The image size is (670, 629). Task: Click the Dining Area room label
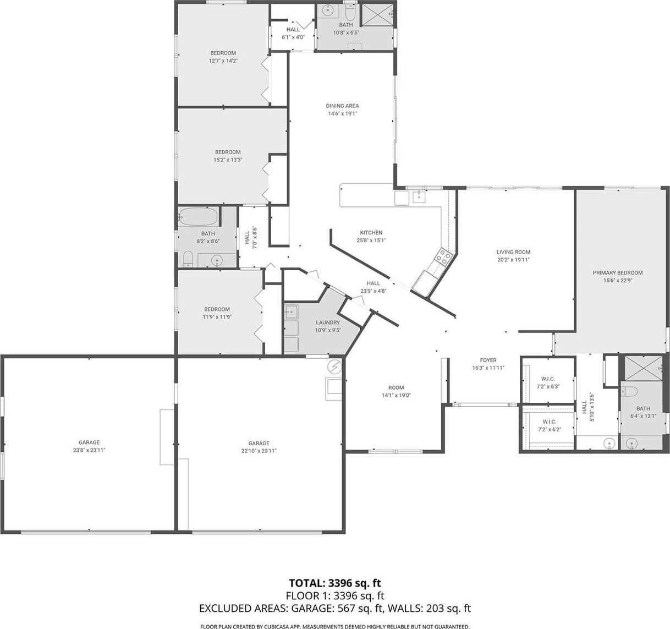pos(342,106)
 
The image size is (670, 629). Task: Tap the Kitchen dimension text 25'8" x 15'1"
pos(371,240)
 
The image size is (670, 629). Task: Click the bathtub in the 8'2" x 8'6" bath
pos(198,216)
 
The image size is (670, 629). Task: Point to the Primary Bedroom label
pos(618,272)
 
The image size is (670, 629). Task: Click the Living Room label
pos(513,252)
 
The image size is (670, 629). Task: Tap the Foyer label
pos(488,360)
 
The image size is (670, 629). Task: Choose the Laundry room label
pos(328,322)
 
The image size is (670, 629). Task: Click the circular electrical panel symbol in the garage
pos(334,367)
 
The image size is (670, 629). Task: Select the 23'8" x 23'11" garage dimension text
pos(89,450)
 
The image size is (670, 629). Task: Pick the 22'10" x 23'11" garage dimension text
pos(259,451)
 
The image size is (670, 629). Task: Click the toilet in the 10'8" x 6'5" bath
pos(349,12)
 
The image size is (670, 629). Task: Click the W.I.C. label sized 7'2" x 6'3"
pos(548,379)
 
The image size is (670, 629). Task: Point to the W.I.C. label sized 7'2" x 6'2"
pos(549,422)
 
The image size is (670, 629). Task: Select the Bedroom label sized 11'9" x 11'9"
pos(217,309)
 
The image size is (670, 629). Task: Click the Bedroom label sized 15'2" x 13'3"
pos(228,152)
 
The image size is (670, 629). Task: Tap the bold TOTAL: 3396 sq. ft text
pos(334,583)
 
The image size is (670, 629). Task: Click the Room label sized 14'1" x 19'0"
pos(396,387)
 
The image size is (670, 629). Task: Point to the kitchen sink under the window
pos(419,196)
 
